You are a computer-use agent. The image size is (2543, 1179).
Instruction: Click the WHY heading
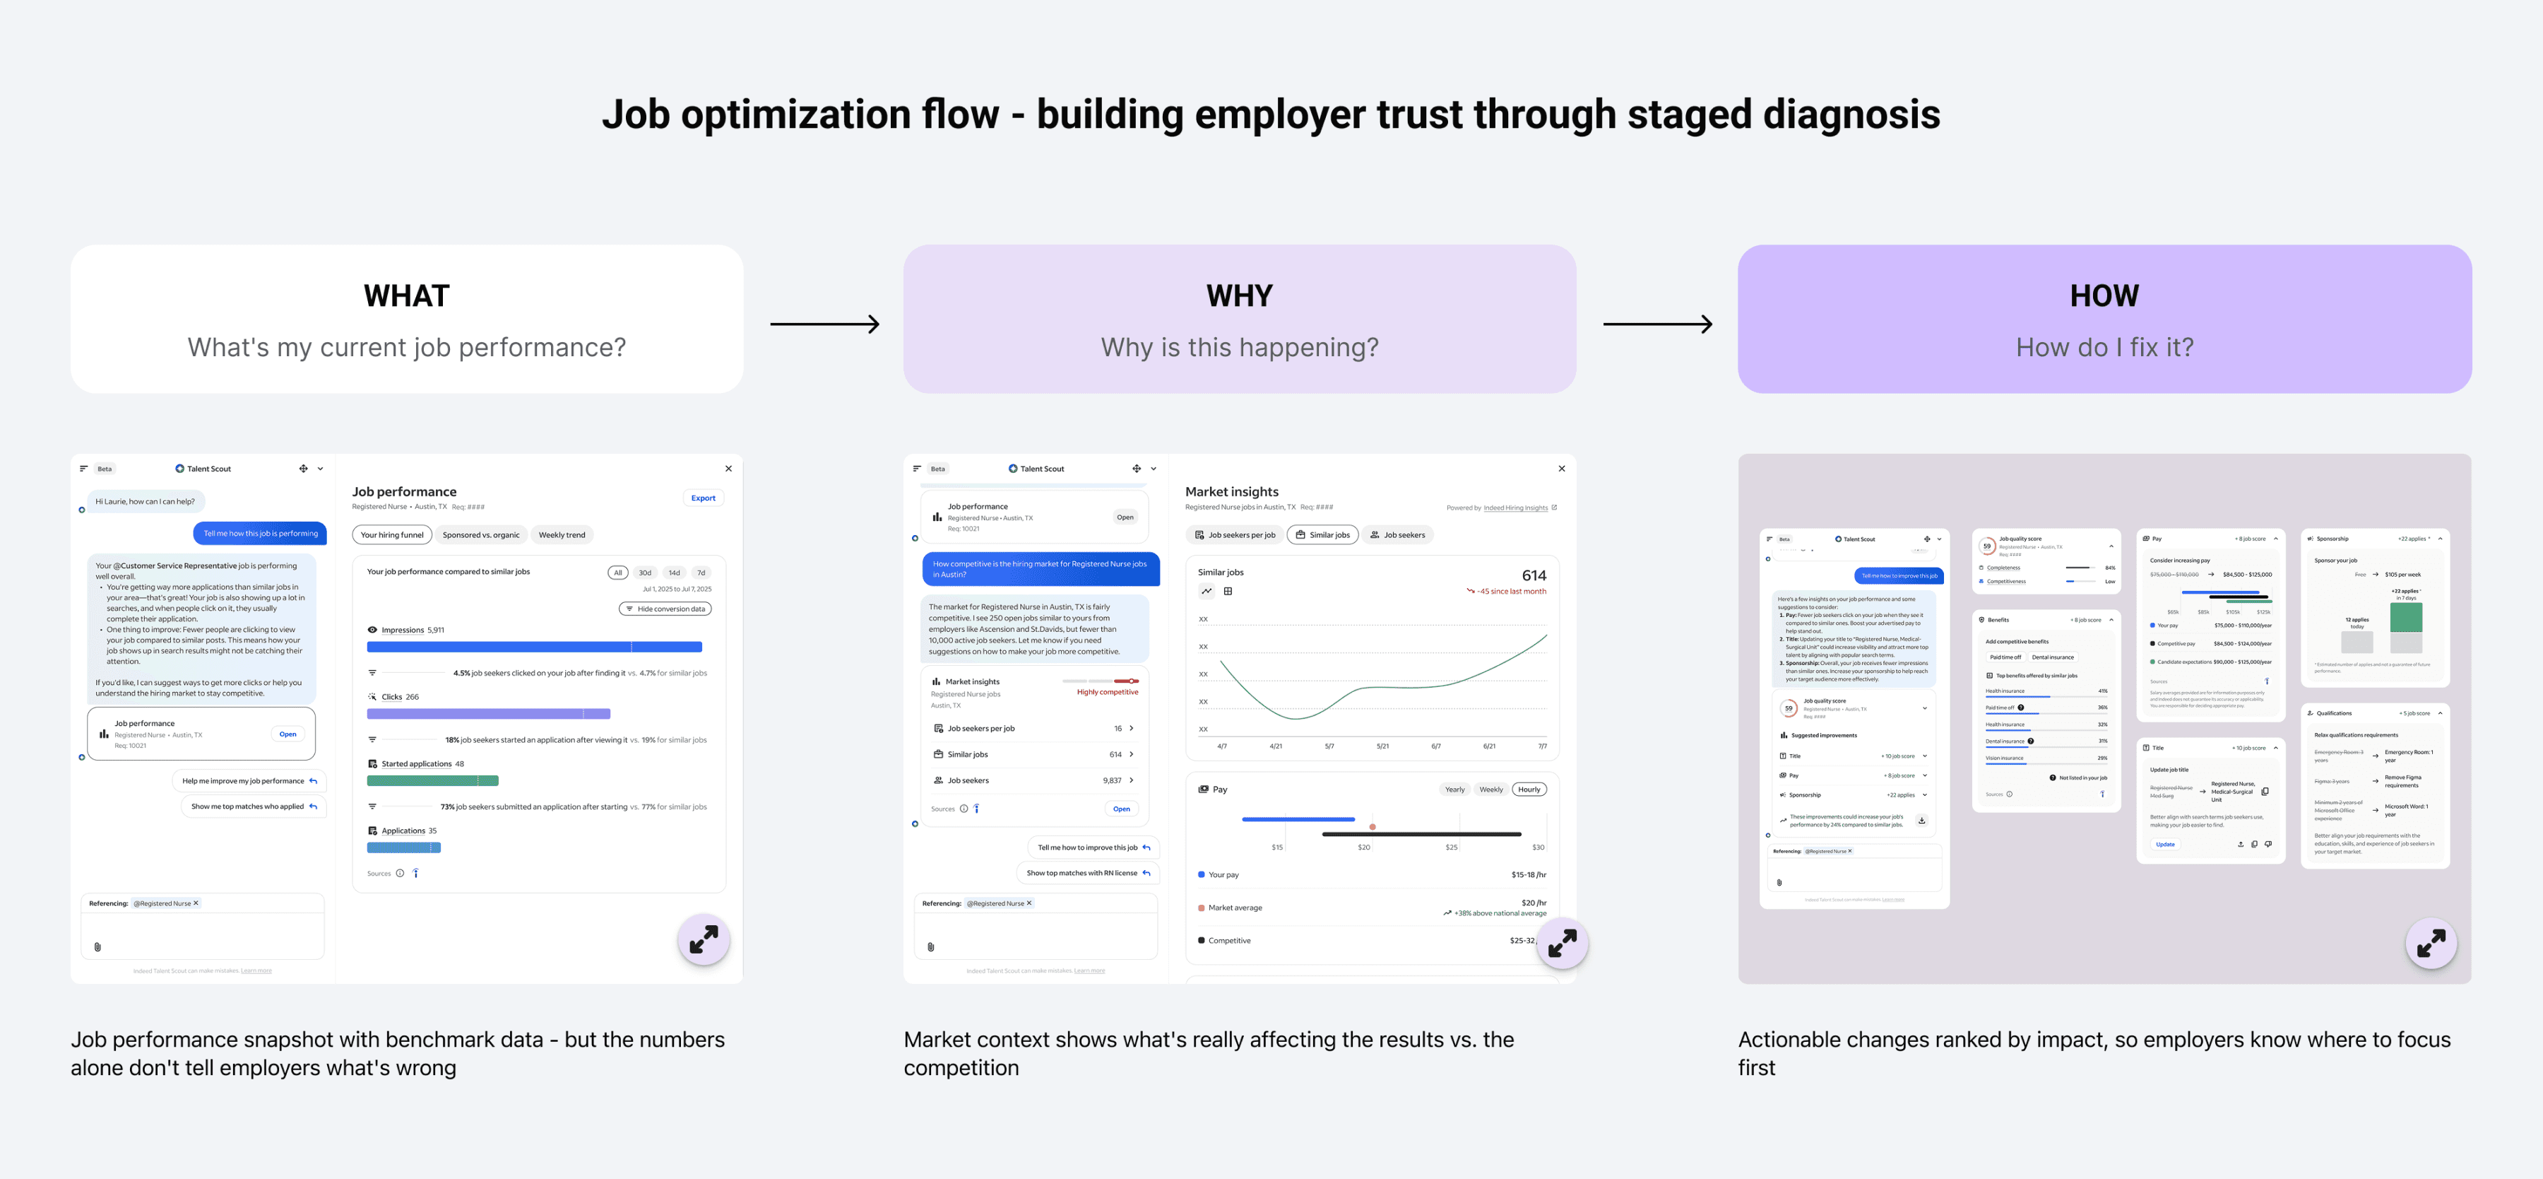coord(1239,295)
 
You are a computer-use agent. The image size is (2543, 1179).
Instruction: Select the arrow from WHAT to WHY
coord(824,324)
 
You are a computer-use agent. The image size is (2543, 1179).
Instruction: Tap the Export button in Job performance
coord(703,498)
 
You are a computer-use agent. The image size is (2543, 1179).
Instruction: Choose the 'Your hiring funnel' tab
coord(392,535)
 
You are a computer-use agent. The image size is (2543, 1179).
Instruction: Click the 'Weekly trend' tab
coord(562,535)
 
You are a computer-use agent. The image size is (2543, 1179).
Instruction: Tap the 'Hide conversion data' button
coord(665,609)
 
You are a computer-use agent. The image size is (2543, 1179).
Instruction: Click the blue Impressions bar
coord(534,647)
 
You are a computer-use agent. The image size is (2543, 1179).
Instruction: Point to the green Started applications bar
coord(432,780)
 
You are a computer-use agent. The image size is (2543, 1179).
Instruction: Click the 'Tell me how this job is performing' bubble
coord(261,533)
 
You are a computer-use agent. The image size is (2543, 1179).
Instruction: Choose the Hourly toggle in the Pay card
coord(1528,789)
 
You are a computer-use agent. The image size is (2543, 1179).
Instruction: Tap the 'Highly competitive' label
coord(1107,692)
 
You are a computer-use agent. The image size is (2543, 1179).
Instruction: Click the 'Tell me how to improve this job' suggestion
coord(1093,847)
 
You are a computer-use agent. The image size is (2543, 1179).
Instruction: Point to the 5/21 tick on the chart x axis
coord(1382,746)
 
